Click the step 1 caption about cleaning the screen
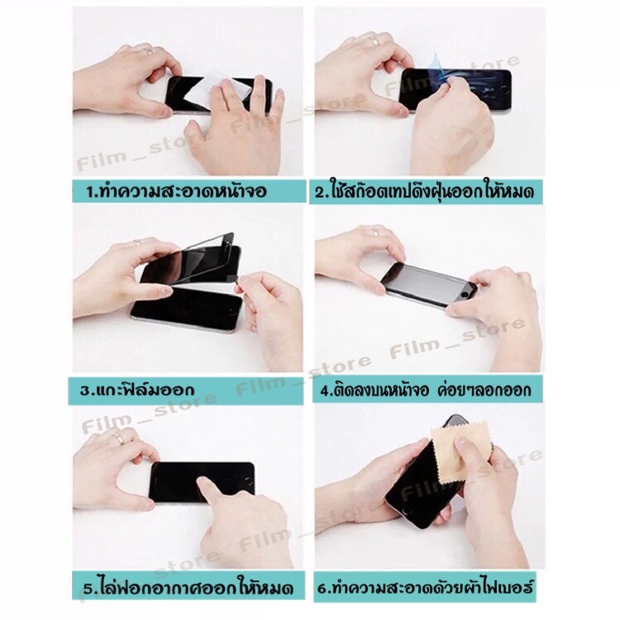(x=176, y=192)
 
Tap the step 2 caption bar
(x=425, y=192)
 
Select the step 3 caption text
(x=137, y=390)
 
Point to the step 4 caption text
(x=426, y=390)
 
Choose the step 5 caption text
(x=188, y=587)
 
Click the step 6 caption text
(x=425, y=586)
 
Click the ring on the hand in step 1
(x=147, y=50)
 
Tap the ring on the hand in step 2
(x=374, y=41)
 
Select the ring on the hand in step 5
(x=118, y=438)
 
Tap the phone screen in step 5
(x=202, y=483)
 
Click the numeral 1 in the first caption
(x=90, y=192)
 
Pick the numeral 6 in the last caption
(x=322, y=588)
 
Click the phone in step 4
(x=428, y=283)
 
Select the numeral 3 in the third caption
(x=84, y=391)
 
